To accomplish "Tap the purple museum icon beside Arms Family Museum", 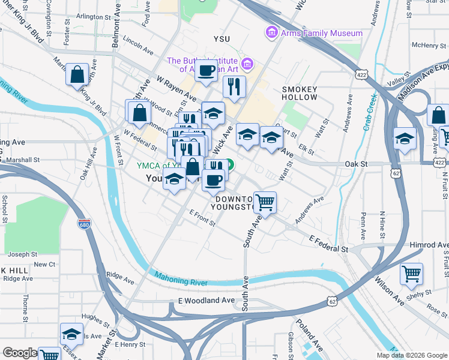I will (x=271, y=31).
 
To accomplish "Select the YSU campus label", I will (x=221, y=39).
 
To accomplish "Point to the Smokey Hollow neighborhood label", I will (x=300, y=93).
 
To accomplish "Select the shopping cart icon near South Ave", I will (x=265, y=203).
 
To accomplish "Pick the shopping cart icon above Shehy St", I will (x=411, y=274).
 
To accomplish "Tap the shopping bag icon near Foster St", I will (x=77, y=75).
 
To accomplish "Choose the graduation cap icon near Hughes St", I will (x=71, y=334).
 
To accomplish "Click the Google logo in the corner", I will (x=20, y=353).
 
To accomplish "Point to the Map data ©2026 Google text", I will (x=412, y=355).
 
